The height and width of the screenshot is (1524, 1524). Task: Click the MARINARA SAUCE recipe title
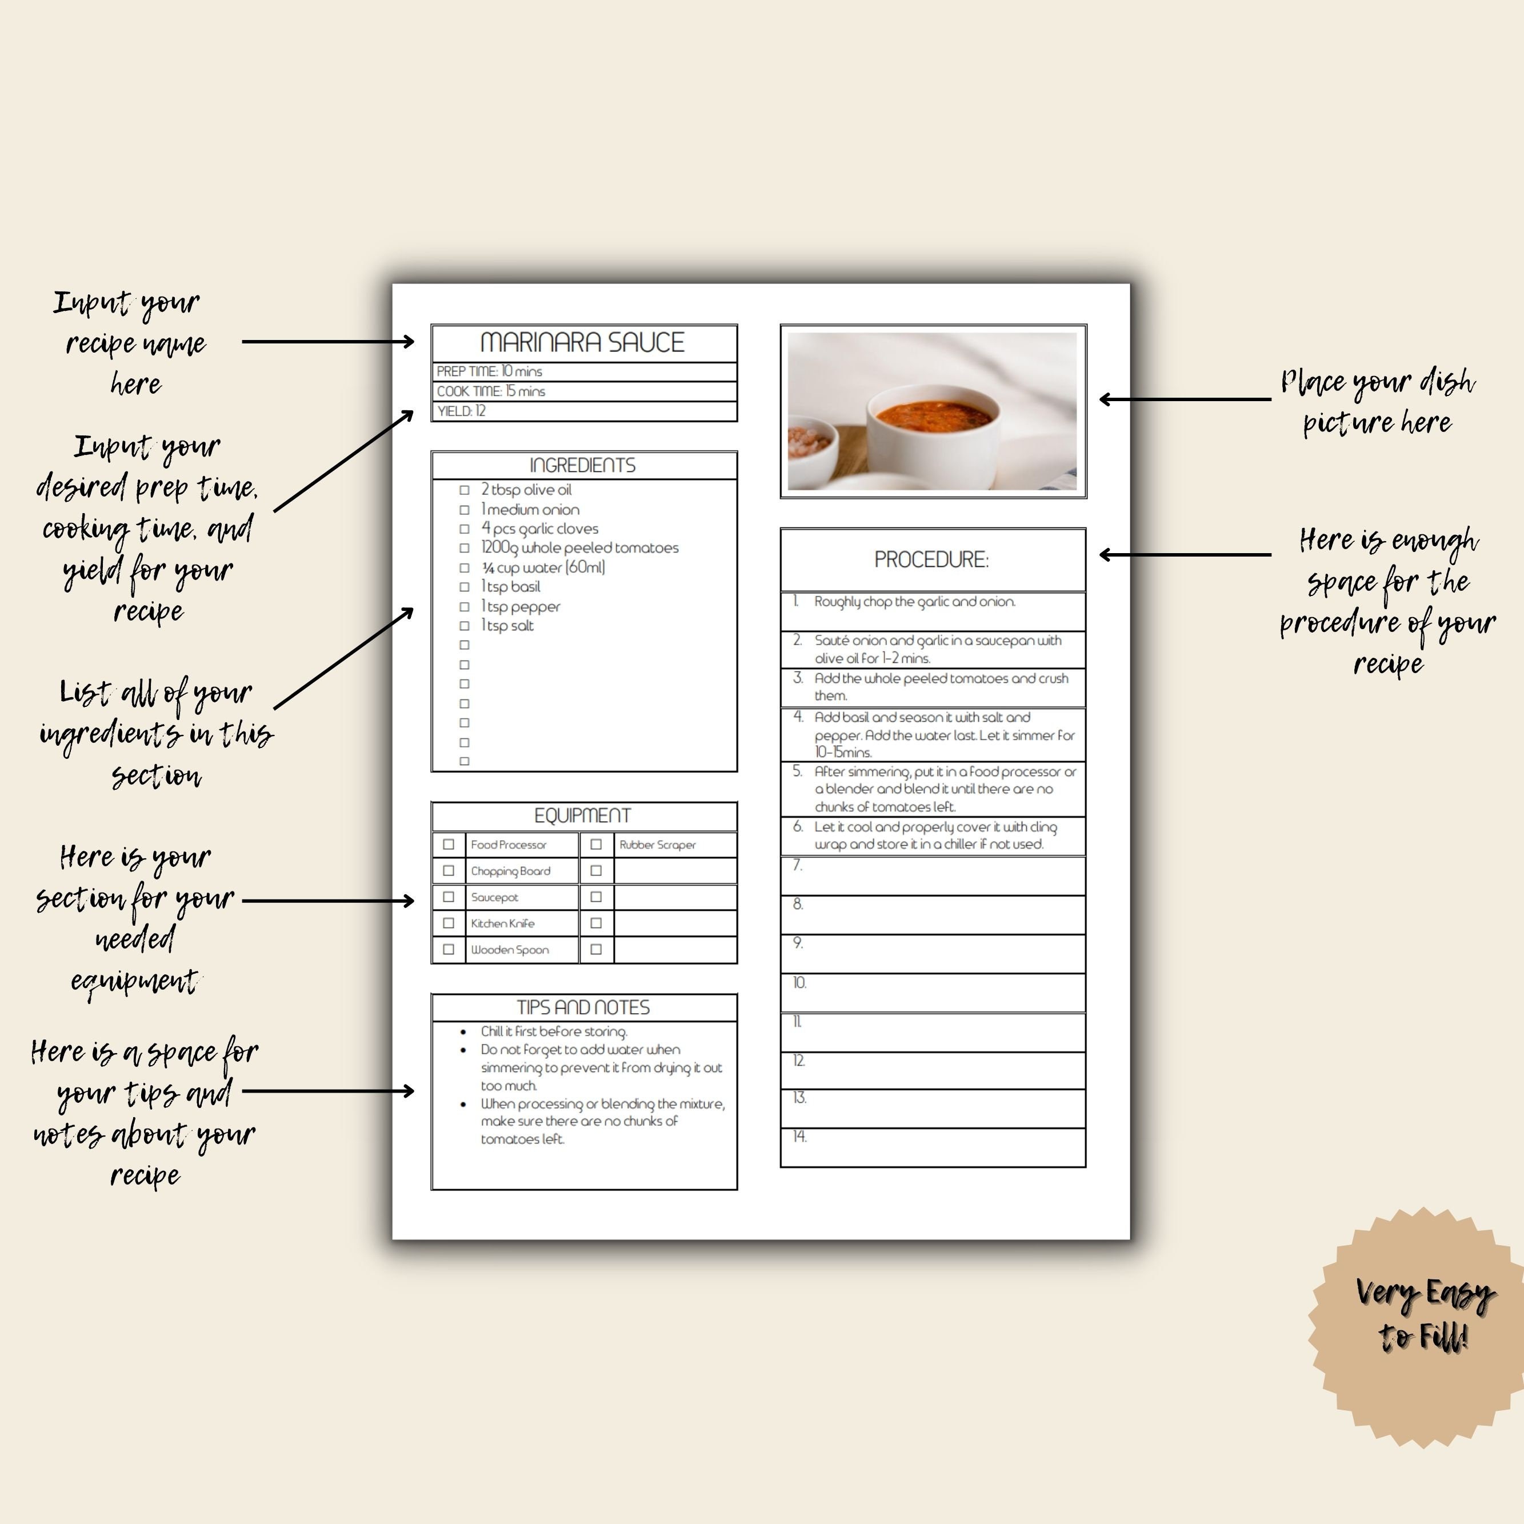(x=582, y=342)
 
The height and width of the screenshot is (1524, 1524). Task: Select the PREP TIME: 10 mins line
(x=489, y=371)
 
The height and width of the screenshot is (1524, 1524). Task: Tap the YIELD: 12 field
(x=462, y=411)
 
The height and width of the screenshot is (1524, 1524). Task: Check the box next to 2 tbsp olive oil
(x=465, y=490)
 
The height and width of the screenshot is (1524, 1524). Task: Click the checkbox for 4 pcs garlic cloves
(x=465, y=529)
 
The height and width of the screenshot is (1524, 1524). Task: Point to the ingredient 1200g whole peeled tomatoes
(x=580, y=548)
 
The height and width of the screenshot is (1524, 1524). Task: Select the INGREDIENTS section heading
(x=582, y=465)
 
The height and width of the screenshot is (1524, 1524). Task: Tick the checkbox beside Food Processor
(x=449, y=845)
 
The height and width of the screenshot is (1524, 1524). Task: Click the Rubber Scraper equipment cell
(x=658, y=845)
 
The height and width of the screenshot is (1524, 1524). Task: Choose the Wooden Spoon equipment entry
(x=510, y=950)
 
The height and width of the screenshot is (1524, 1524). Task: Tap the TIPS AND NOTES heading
(x=583, y=1007)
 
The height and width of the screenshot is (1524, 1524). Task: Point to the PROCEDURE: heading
(x=931, y=560)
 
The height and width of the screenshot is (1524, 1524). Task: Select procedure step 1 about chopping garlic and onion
(x=915, y=602)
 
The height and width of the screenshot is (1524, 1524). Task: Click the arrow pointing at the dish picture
(x=1183, y=399)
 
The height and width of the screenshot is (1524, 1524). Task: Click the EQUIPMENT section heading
(x=582, y=815)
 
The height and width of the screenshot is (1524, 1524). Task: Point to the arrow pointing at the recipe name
(x=327, y=342)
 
